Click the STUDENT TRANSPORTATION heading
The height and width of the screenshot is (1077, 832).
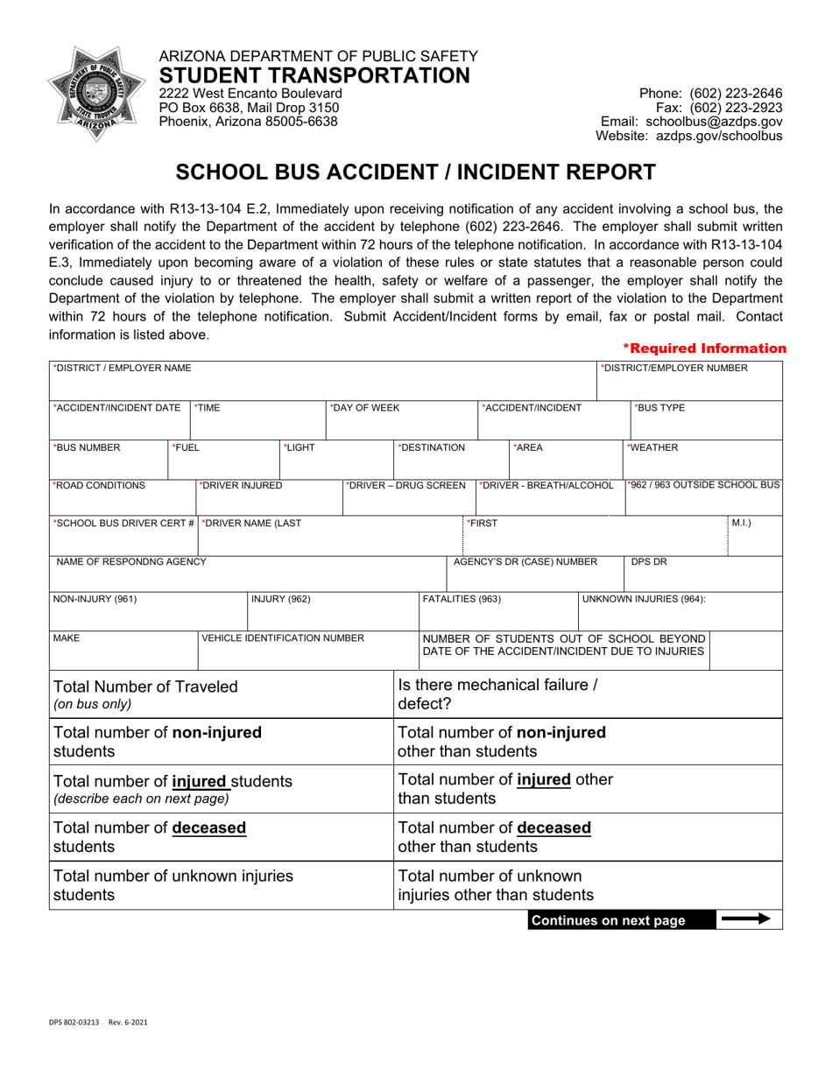point(314,75)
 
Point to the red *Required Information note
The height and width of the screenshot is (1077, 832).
point(704,348)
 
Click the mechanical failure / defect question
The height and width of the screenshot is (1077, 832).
point(498,694)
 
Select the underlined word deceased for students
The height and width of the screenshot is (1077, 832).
point(208,827)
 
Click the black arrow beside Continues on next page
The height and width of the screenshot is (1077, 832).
point(744,919)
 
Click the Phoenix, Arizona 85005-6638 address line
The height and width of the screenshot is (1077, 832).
point(248,122)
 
